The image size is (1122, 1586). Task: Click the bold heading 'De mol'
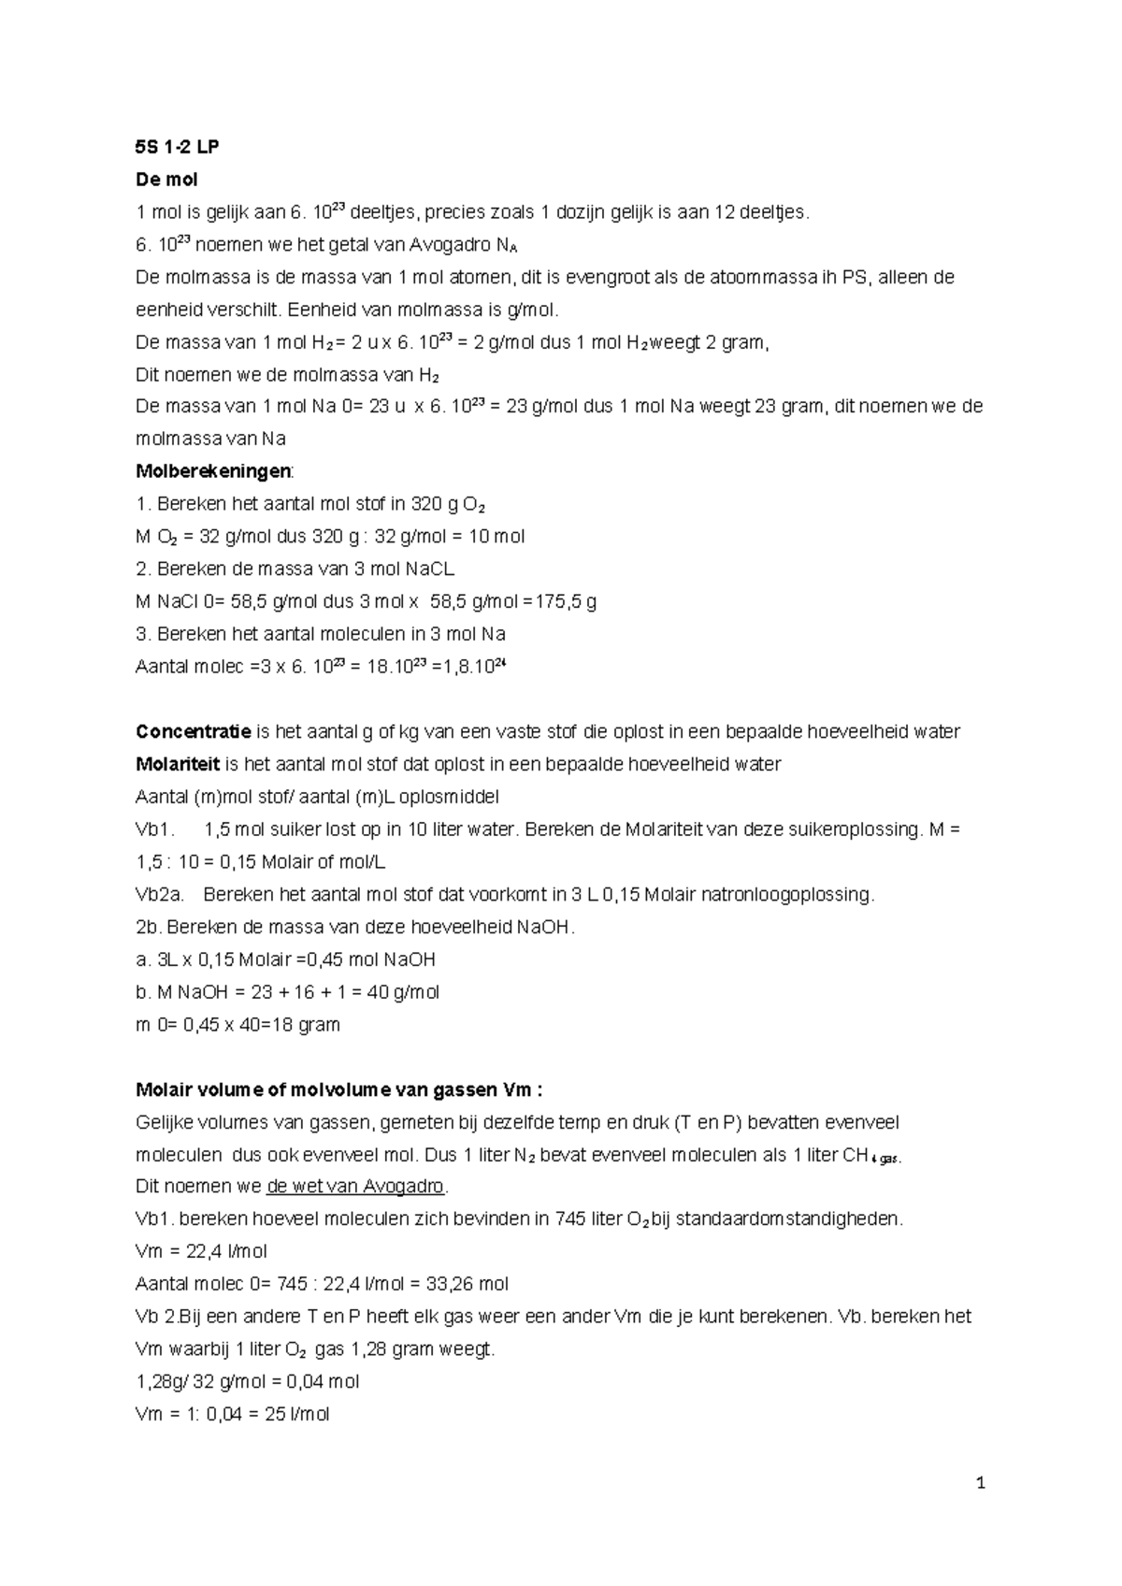tap(166, 180)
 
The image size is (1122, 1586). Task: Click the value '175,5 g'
tap(564, 601)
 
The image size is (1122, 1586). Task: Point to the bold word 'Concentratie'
tap(194, 731)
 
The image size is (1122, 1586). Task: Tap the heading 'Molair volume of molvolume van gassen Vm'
tap(338, 1089)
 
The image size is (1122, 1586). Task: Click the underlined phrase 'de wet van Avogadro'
tap(355, 1187)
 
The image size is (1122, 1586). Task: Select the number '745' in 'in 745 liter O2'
tap(570, 1219)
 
